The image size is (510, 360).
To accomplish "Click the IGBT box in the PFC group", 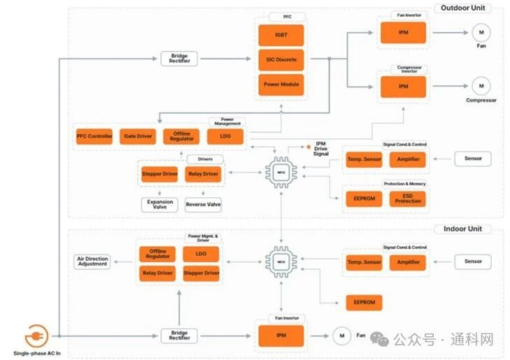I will (280, 34).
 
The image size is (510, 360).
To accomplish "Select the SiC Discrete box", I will (280, 59).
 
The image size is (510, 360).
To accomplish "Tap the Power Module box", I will (280, 84).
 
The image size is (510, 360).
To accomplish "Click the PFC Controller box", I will (94, 136).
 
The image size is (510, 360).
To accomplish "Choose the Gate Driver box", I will (137, 136).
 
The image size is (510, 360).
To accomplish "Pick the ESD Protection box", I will (407, 199).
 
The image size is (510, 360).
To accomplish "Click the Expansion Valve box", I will (160, 205).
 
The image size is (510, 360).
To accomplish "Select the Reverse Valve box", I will (203, 205).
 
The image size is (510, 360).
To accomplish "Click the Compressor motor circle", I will (481, 86).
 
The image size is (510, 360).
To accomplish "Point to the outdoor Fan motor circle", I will (481, 32).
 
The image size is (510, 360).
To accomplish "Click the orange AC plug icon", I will (36, 336).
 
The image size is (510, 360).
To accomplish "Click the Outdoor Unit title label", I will (462, 8).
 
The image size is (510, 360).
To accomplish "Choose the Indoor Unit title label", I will (462, 229).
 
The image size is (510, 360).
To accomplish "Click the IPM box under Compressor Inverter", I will (403, 87).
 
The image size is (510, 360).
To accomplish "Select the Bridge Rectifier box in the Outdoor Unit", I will (179, 59).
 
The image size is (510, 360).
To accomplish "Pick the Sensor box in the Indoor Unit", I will (473, 261).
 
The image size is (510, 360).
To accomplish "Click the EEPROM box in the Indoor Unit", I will (364, 302).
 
